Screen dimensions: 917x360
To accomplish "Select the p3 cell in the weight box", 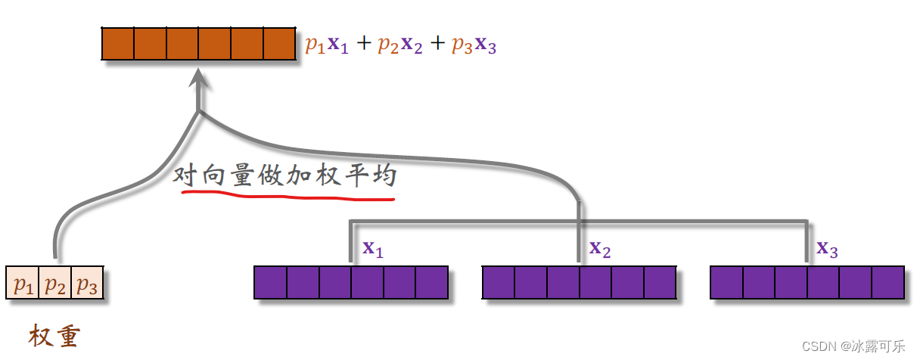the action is [x=87, y=285].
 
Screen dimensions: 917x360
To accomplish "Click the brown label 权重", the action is [x=54, y=335].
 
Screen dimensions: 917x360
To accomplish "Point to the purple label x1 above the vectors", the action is [x=373, y=249].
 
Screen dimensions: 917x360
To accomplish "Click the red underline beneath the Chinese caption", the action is [x=288, y=196].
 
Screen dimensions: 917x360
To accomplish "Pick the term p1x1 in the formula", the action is [x=327, y=45].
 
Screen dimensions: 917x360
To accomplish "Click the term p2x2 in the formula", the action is [x=401, y=45].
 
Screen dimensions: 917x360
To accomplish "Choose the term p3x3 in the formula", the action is [x=474, y=45].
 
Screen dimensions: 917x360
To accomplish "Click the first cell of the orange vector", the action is [x=118, y=43].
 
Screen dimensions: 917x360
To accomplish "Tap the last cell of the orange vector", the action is [x=278, y=43].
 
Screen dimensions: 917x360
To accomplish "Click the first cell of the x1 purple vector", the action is [x=271, y=282].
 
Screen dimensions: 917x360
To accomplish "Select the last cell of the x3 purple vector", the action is [x=887, y=282].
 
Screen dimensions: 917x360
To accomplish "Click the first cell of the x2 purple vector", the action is [x=499, y=282].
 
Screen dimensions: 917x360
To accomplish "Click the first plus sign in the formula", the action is [x=364, y=45].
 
